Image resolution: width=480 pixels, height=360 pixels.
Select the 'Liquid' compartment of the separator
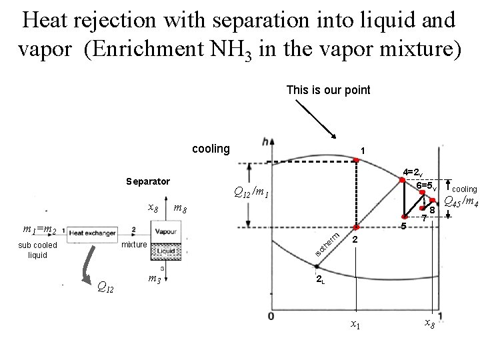[x=165, y=251]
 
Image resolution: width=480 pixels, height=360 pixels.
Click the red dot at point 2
[x=356, y=227]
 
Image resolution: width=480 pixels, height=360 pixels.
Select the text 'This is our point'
[x=328, y=90]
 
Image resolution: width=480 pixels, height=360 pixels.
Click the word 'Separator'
[x=148, y=181]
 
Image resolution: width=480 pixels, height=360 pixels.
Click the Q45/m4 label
[x=460, y=202]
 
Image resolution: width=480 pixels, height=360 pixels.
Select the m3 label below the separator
[x=154, y=277]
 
